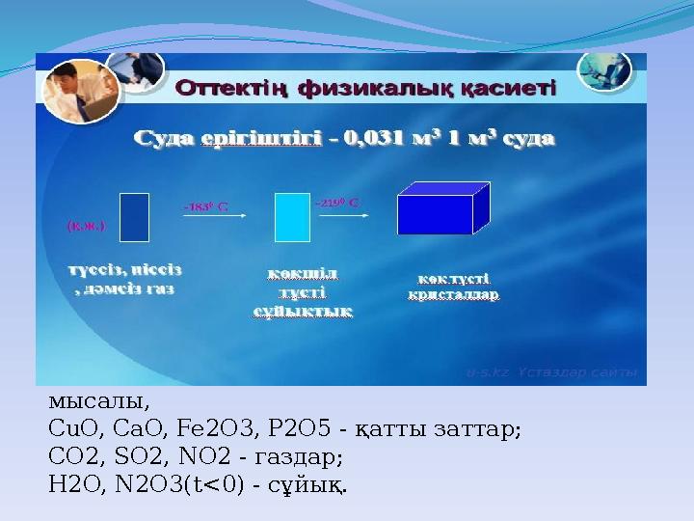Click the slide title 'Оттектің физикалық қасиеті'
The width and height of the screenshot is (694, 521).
365,90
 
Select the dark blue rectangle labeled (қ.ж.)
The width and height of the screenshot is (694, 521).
135,217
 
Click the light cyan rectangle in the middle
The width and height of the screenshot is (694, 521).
292,217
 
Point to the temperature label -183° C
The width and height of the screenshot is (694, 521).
204,206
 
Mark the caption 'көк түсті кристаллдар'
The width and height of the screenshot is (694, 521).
453,287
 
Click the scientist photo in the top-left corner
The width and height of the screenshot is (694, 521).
80,89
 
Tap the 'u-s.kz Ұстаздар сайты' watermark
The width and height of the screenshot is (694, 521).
550,371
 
